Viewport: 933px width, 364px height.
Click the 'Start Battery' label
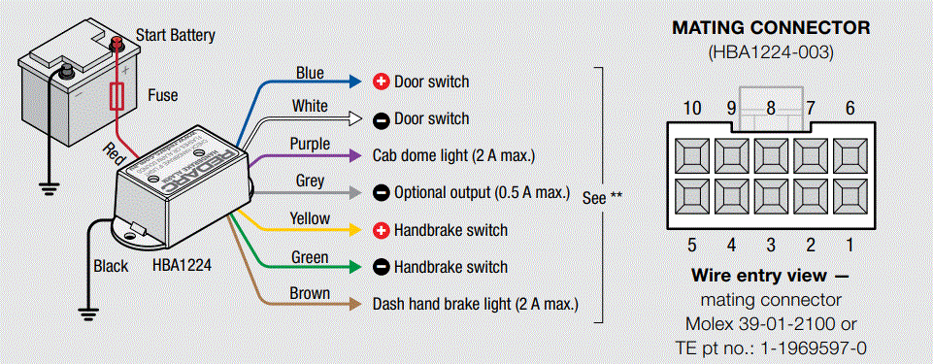click(176, 36)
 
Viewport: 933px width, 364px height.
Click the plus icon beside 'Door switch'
click(382, 82)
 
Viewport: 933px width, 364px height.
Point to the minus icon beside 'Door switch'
click(382, 118)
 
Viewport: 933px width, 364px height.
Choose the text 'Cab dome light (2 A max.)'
click(453, 155)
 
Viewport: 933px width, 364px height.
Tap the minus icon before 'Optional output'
click(382, 193)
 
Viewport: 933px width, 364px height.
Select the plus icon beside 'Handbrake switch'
click(382, 230)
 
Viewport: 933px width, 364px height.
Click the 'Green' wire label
click(311, 257)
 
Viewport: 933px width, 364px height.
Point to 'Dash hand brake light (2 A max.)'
click(475, 304)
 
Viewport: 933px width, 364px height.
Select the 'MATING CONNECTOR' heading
click(771, 28)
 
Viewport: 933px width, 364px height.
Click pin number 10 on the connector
click(692, 109)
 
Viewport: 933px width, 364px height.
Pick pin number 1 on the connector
click(850, 245)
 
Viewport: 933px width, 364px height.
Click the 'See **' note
click(602, 197)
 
